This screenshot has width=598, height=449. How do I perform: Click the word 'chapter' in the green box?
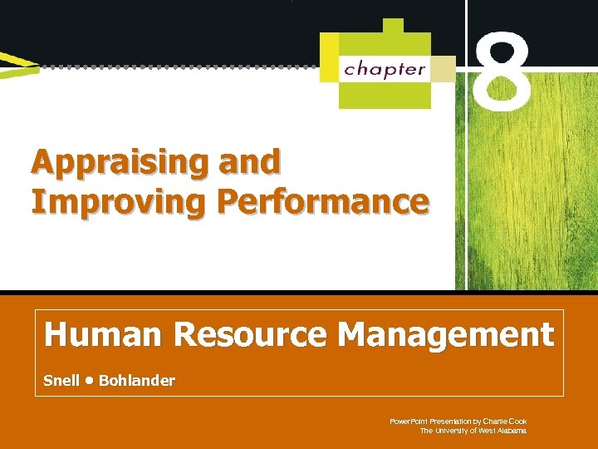(x=384, y=68)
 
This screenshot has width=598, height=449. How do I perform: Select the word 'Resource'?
(x=251, y=335)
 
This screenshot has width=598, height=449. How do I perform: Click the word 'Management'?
(x=446, y=335)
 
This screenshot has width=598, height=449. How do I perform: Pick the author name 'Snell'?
(x=61, y=381)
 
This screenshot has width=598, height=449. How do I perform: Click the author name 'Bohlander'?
(x=137, y=381)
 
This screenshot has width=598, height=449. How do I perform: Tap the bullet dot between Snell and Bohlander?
(x=89, y=381)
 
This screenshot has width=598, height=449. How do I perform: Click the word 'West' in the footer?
(x=485, y=431)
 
